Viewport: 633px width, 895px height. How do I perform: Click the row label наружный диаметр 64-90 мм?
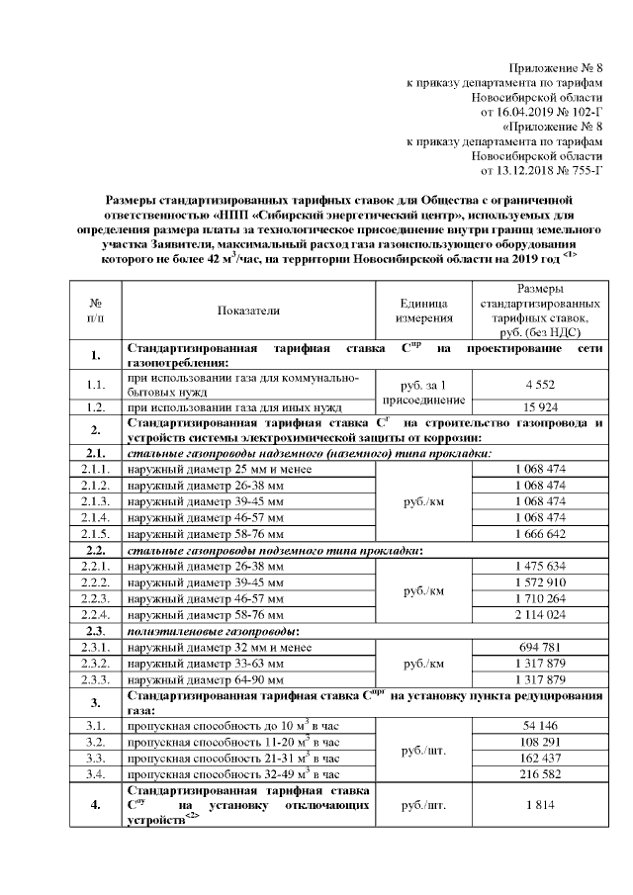[x=206, y=679]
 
